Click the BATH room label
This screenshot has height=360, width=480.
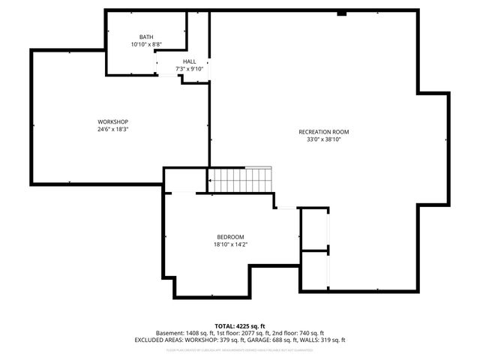146,37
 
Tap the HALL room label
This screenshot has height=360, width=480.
189,61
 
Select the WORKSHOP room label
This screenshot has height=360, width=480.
112,122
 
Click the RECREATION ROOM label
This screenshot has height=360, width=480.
323,132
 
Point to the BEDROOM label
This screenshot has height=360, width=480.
229,236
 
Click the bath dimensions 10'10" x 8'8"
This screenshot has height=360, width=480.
146,44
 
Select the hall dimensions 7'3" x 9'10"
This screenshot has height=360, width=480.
189,69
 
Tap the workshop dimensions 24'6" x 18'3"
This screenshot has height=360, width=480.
112,130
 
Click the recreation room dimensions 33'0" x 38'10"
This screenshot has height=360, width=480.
323,139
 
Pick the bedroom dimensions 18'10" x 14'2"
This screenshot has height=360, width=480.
229,244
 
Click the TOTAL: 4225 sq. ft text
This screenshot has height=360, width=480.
239,325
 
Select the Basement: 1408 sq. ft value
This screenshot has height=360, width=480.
184,333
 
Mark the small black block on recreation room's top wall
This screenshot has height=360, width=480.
342,13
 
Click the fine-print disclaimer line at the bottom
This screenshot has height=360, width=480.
239,349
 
